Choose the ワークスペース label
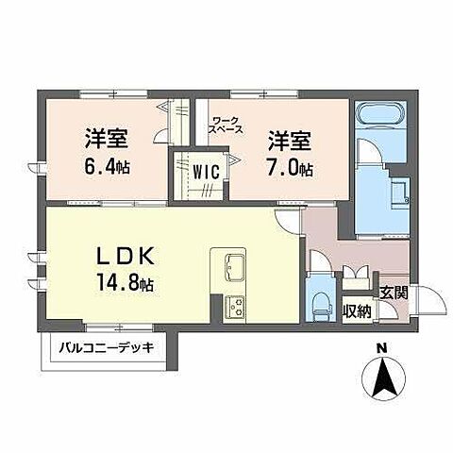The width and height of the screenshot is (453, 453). pyautogui.click(x=226, y=125)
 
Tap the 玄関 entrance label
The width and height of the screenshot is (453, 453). pyautogui.click(x=394, y=292)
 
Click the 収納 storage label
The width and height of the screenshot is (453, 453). pyautogui.click(x=356, y=310)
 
